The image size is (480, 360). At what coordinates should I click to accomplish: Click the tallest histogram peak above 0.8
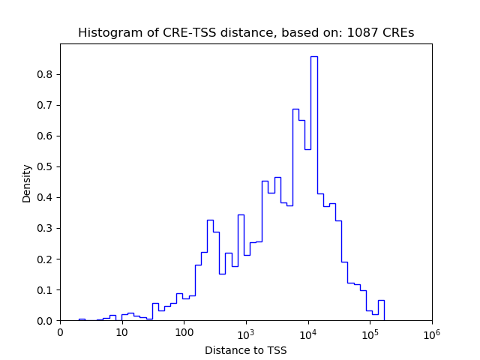tap(313, 57)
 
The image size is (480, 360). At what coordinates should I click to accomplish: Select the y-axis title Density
tap(27, 183)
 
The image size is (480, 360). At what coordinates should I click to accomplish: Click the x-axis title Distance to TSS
tap(245, 350)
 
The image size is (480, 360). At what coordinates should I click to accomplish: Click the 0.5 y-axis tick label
tap(46, 166)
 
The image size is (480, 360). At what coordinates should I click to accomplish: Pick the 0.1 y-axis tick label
tap(46, 290)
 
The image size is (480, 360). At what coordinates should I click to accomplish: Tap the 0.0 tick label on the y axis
tap(46, 321)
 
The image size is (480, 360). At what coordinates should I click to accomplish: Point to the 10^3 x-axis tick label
tap(246, 333)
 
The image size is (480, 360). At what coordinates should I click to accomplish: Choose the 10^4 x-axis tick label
tap(307, 333)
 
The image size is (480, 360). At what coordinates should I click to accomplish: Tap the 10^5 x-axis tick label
tap(370, 333)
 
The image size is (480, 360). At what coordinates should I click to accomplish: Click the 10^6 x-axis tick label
tap(431, 333)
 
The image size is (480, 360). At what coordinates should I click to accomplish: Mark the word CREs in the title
tap(399, 33)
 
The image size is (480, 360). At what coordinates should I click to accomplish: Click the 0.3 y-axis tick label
tap(46, 229)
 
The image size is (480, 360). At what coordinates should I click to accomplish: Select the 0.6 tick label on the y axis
tap(46, 136)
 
